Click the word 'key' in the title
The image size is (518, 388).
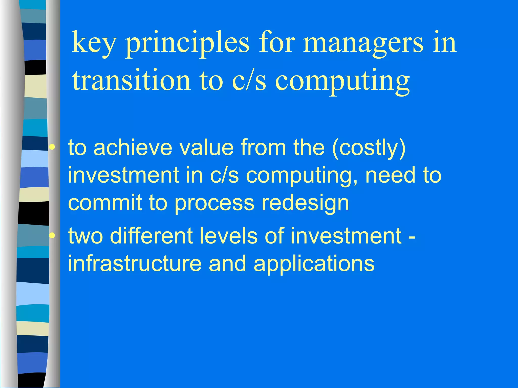click(94, 43)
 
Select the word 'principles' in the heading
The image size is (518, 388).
click(187, 43)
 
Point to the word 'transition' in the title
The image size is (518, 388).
click(131, 80)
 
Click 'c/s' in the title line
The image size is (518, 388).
click(249, 80)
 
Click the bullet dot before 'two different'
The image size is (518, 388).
click(52, 236)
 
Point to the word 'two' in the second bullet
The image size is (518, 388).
click(86, 236)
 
